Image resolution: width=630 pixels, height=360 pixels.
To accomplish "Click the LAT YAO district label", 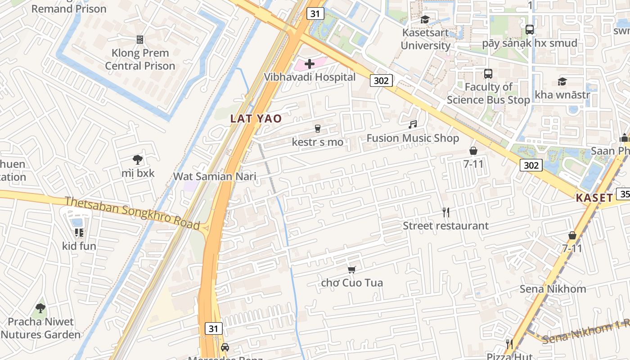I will pyautogui.click(x=256, y=119).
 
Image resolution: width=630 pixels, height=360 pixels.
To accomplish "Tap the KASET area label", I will pyautogui.click(x=594, y=198).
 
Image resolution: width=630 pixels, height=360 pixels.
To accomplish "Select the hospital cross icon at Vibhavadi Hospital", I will pyautogui.click(x=310, y=64).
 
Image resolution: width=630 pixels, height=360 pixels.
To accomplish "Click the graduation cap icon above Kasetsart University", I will pyautogui.click(x=425, y=19).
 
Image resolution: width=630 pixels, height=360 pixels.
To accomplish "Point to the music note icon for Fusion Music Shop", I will pyautogui.click(x=413, y=125).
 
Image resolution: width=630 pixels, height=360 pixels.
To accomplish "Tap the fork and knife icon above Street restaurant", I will pyautogui.click(x=445, y=212).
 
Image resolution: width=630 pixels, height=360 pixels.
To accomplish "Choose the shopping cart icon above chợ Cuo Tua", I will pyautogui.click(x=352, y=270).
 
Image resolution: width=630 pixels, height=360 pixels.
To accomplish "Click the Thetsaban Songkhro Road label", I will pyautogui.click(x=132, y=212).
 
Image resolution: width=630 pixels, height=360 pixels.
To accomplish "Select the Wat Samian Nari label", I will pyautogui.click(x=215, y=176).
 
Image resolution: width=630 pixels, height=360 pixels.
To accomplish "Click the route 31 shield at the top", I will pyautogui.click(x=315, y=13).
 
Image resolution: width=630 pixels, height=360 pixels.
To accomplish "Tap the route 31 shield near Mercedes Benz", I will pyautogui.click(x=213, y=328).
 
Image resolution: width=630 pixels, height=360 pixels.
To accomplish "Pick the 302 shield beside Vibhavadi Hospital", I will pyautogui.click(x=381, y=81).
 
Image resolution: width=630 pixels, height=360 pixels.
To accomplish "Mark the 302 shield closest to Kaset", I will pyautogui.click(x=531, y=165).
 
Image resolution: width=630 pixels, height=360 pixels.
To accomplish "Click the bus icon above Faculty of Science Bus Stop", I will pyautogui.click(x=488, y=73).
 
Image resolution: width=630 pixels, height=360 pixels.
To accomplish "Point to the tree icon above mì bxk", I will pyautogui.click(x=137, y=160).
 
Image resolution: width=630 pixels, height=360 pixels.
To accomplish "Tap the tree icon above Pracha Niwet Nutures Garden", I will pyautogui.click(x=40, y=308).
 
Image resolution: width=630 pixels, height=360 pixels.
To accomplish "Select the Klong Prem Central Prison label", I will pyautogui.click(x=140, y=59).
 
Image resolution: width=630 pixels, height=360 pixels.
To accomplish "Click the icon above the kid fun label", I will pyautogui.click(x=79, y=233).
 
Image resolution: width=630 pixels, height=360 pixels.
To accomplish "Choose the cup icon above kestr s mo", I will pyautogui.click(x=317, y=129).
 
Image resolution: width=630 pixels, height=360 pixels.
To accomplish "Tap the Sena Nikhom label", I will pyautogui.click(x=553, y=288).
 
